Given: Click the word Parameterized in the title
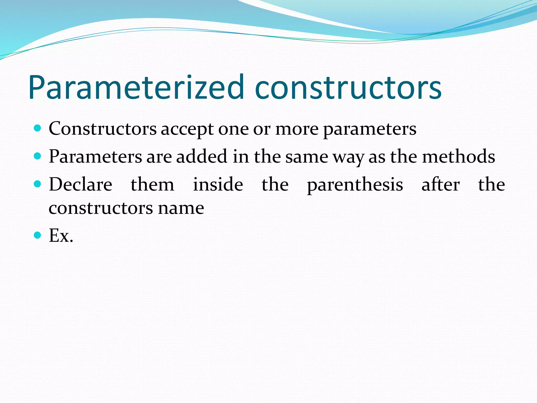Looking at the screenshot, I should pos(136,87).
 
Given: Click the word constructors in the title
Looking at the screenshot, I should pos(348,87).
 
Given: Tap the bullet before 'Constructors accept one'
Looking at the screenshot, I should pos(38,128).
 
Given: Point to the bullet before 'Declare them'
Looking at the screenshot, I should pos(38,184).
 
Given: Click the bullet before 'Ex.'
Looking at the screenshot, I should pos(38,235).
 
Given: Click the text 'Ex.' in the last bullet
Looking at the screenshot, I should pos(61,235).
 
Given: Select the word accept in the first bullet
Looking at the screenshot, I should pos(187,129).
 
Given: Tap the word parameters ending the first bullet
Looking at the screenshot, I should pos(370,129).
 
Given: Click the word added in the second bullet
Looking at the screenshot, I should pos(201,157).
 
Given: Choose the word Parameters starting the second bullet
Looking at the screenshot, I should pos(95,157).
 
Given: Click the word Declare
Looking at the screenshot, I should pos(80,184).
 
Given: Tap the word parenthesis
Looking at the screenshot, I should pos(355,185).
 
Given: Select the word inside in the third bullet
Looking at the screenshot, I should pos(218,184).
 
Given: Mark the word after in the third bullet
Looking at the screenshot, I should pos(441,184).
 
